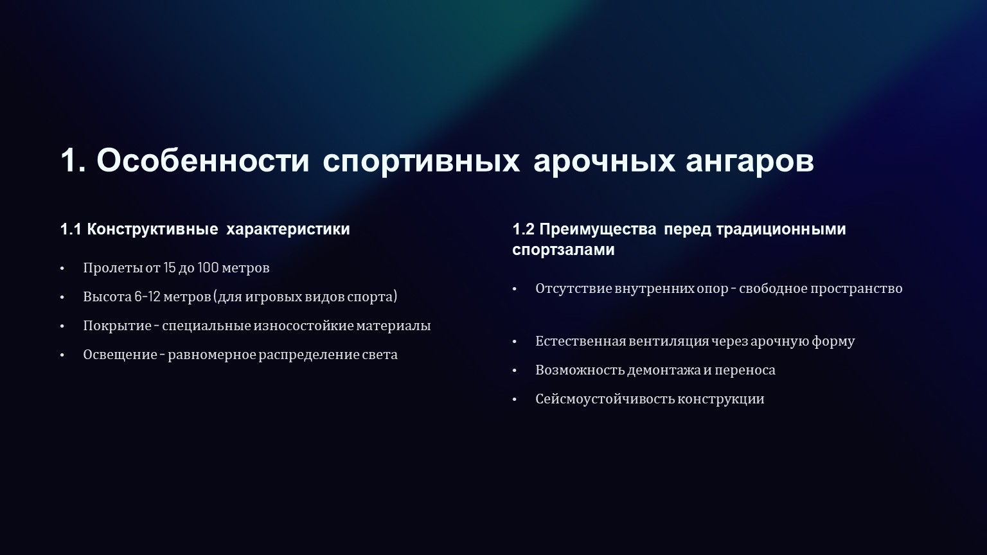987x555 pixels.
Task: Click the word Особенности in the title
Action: point(202,160)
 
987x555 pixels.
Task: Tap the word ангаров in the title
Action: point(749,162)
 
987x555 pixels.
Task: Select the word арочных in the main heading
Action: point(604,162)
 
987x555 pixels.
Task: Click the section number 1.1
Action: point(71,229)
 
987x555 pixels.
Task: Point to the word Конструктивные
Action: point(152,229)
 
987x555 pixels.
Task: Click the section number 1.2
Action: point(523,229)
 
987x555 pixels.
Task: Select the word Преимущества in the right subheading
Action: point(598,230)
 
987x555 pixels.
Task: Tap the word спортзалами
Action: point(563,250)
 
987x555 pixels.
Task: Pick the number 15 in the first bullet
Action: point(169,267)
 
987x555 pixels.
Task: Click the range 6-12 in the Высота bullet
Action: point(147,296)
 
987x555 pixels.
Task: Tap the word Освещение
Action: point(120,355)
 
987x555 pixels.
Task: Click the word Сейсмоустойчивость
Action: point(605,399)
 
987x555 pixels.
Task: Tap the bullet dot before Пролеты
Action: point(62,269)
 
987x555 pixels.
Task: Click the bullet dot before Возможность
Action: point(514,371)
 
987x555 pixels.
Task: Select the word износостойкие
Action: point(303,326)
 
